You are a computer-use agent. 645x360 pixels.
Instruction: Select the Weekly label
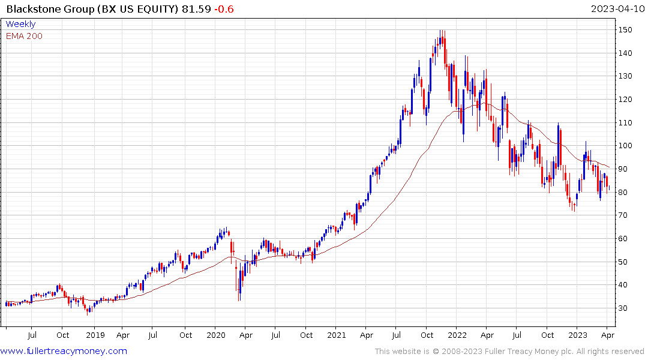[20, 24]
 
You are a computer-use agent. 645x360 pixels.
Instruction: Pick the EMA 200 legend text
[24, 36]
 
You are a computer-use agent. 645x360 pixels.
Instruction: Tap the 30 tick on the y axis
[624, 308]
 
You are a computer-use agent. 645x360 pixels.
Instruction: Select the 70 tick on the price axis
[624, 215]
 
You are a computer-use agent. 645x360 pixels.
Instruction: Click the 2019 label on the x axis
[95, 335]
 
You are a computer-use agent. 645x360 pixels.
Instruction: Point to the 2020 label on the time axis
[216, 335]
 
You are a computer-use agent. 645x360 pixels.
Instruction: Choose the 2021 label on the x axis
[337, 335]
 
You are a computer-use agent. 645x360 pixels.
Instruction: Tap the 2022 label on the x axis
[457, 335]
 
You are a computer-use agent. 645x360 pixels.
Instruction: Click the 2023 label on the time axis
[577, 335]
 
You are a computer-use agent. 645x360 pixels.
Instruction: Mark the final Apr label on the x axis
[607, 335]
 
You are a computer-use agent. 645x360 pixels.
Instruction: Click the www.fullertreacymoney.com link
[64, 351]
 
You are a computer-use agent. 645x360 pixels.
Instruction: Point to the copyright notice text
[509, 352]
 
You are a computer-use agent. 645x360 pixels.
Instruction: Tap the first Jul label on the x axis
[32, 335]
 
